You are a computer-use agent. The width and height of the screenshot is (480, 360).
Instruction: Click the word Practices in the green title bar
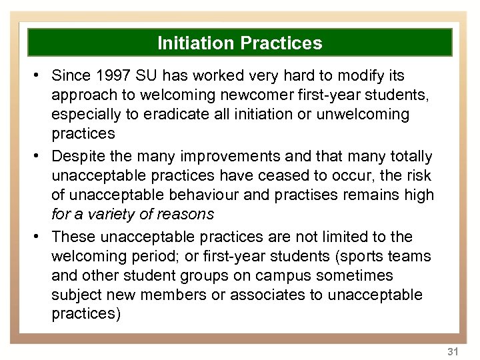click(281, 44)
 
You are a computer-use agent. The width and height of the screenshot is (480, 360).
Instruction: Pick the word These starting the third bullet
click(71, 237)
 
